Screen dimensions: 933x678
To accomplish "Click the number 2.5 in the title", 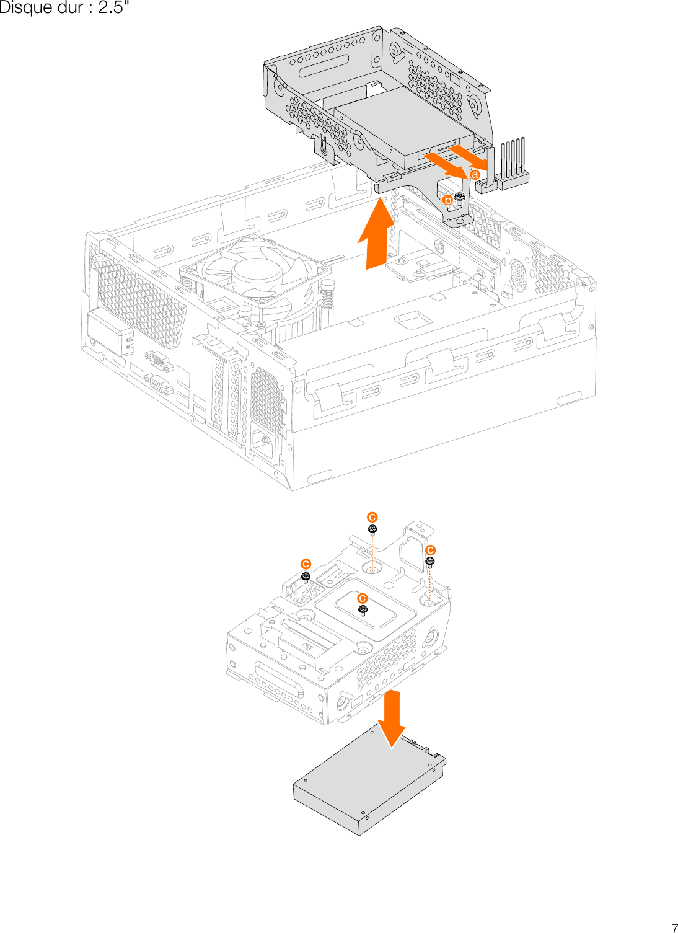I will [x=111, y=8].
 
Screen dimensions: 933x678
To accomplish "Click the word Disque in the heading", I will [x=25, y=8].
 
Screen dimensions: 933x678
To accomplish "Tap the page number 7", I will [x=674, y=927].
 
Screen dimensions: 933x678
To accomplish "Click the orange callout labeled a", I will [x=475, y=175].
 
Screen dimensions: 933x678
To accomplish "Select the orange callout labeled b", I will [x=447, y=200].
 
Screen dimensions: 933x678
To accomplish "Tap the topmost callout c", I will [x=372, y=517].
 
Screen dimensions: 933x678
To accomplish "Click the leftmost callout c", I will [x=306, y=564].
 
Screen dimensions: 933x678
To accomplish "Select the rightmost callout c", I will [x=431, y=551].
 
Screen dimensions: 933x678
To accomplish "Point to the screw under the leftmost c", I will [x=306, y=578].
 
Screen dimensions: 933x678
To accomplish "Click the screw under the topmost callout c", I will [x=372, y=529].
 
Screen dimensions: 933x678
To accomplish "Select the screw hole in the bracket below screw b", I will [x=459, y=220].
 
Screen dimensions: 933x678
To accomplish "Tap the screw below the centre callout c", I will [x=363, y=611].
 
